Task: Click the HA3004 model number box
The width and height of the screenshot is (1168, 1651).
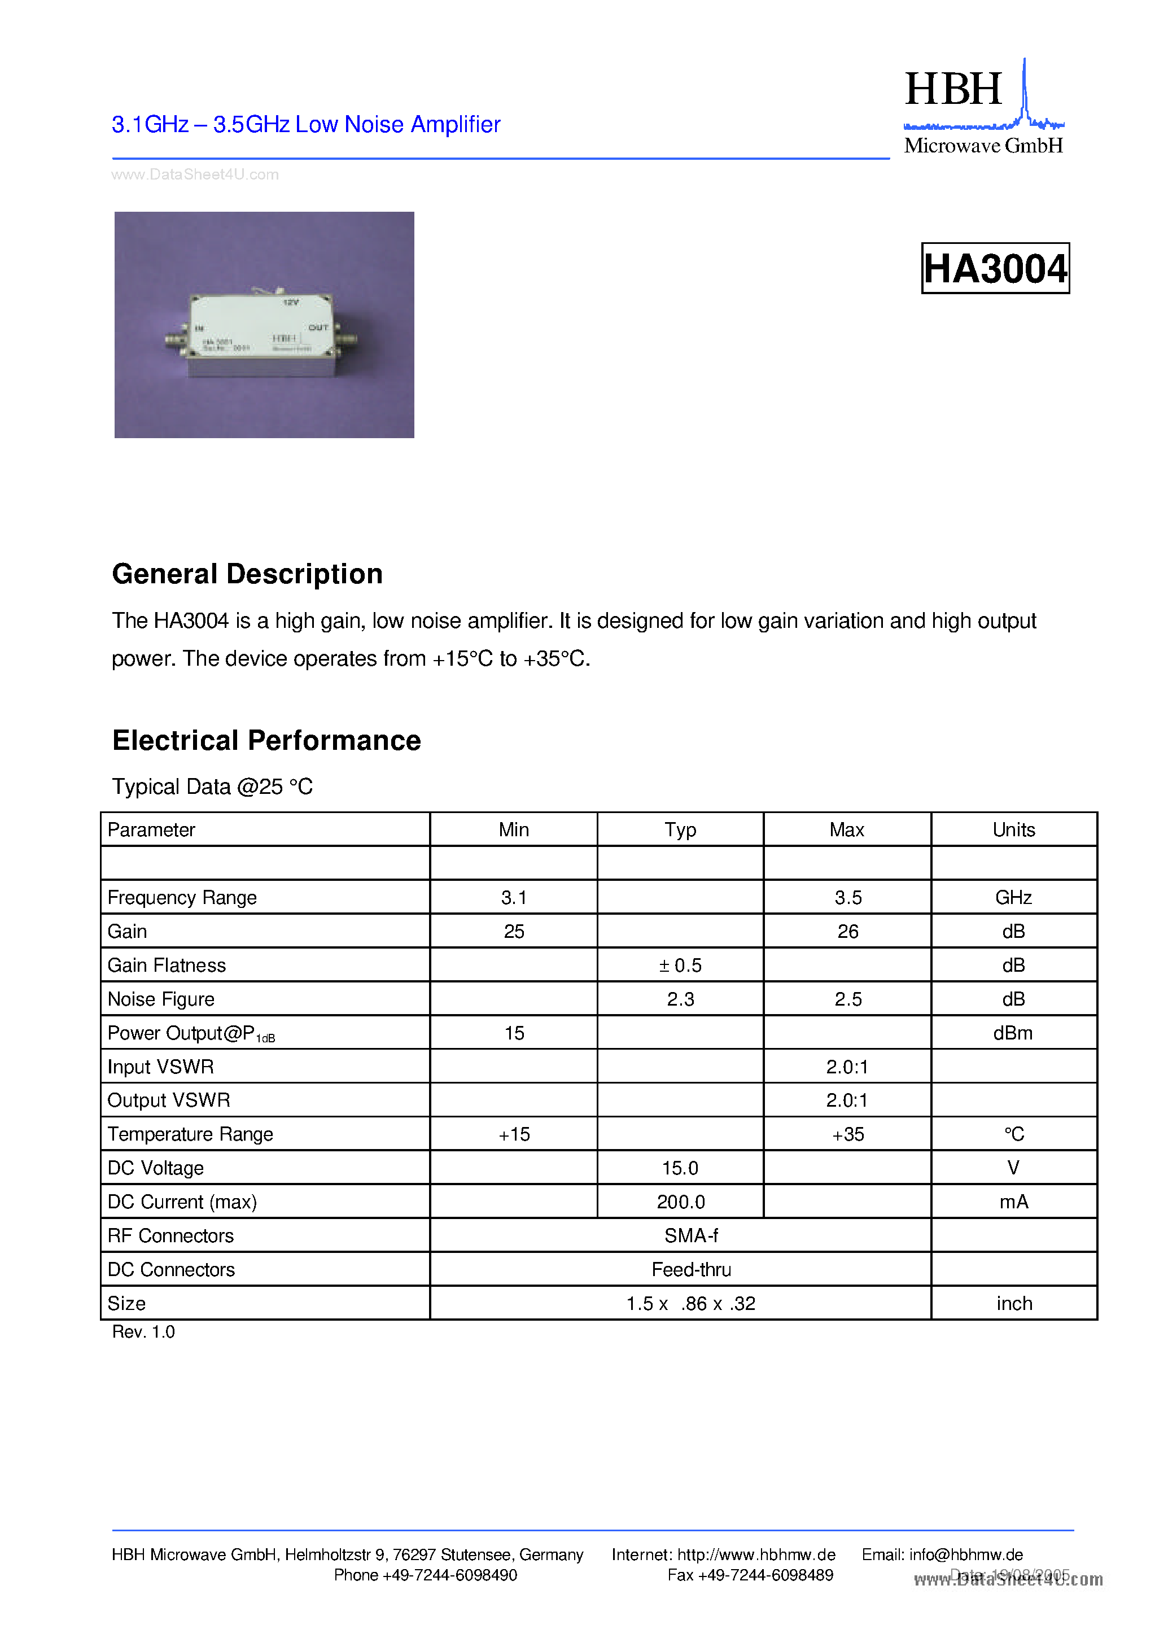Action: (x=995, y=268)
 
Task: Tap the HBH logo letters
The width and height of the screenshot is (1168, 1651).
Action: (x=952, y=89)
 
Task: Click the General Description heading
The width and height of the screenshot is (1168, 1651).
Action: (x=247, y=574)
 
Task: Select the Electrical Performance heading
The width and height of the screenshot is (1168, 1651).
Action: (x=266, y=740)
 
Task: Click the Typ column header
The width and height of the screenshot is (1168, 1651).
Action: (x=680, y=829)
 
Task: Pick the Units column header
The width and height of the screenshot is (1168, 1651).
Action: (x=1013, y=829)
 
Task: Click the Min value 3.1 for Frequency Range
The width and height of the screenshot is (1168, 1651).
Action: (x=514, y=897)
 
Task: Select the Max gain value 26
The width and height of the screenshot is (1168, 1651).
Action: (x=847, y=931)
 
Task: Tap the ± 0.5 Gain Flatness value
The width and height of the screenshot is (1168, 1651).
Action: (x=680, y=965)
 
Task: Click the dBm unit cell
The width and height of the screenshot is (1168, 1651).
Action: (x=1013, y=1033)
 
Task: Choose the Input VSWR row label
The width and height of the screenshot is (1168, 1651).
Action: (x=160, y=1067)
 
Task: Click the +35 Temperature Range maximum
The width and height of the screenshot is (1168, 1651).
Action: (x=847, y=1134)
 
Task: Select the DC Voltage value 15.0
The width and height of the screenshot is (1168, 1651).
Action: (x=680, y=1168)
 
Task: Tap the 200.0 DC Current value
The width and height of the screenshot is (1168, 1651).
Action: (x=680, y=1202)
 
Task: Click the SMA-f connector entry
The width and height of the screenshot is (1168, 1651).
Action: (x=690, y=1236)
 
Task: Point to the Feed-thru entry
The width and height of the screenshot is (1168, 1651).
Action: (x=690, y=1270)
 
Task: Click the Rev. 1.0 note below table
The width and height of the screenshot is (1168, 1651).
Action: (x=143, y=1333)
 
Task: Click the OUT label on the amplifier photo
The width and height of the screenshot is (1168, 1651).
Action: (x=318, y=327)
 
